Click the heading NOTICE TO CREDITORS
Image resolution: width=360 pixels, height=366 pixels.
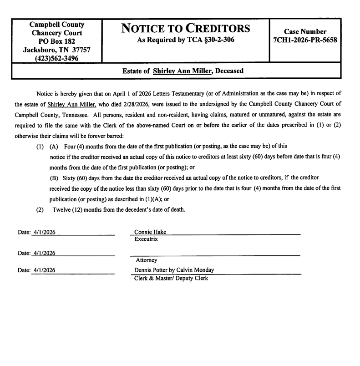coord(186,28)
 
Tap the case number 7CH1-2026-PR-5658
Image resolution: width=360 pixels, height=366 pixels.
coord(305,41)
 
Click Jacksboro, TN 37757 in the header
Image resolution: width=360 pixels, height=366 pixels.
coord(56,50)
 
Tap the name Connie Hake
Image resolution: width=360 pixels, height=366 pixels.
coord(150,232)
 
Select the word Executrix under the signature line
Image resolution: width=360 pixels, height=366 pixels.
coord(146,239)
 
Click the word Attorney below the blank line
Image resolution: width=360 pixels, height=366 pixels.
coord(147,260)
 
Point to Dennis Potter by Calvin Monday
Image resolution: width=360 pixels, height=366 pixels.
coord(174,270)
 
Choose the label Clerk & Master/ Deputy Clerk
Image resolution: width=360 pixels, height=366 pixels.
coord(171,278)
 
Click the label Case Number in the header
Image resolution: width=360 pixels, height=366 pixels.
coord(305,32)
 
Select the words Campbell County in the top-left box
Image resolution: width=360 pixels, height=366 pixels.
coord(56,25)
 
